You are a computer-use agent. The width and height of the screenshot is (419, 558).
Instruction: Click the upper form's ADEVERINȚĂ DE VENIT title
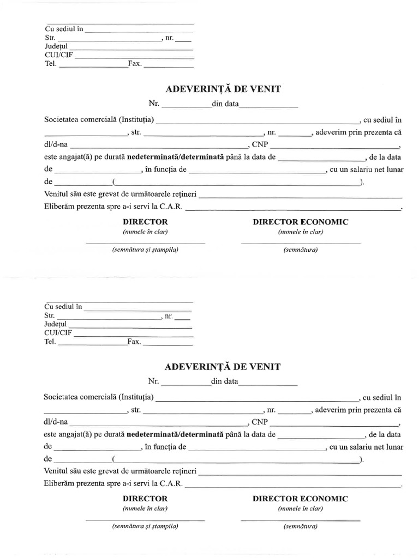coord(222,89)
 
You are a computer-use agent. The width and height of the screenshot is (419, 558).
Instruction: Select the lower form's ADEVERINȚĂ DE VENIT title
coord(222,367)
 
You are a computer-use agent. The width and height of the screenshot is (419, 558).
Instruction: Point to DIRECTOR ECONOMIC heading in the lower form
coord(300,499)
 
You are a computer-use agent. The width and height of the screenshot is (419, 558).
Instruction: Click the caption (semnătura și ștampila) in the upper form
coord(145,250)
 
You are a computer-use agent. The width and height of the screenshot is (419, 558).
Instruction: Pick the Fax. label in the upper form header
coord(135,64)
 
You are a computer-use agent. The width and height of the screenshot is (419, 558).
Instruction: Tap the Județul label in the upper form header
coord(57,46)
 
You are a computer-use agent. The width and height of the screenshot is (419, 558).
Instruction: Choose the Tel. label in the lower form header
coord(50,342)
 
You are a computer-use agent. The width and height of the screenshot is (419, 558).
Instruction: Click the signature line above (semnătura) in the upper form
coord(300,242)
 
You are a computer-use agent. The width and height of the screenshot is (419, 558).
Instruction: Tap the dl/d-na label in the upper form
coord(56,145)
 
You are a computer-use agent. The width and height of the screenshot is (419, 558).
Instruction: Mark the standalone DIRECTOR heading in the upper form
coord(145,222)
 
